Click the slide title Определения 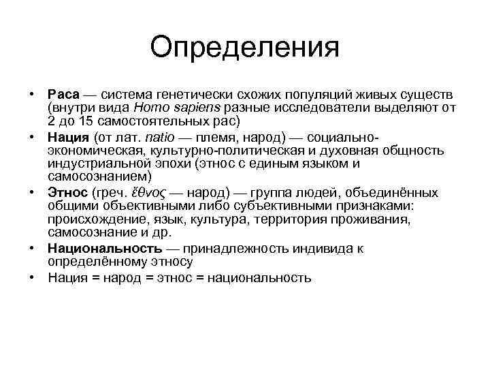(x=245, y=48)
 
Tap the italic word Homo (x=150, y=108)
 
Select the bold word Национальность (x=105, y=248)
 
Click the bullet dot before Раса (x=32, y=93)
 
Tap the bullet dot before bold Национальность (x=32, y=248)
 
